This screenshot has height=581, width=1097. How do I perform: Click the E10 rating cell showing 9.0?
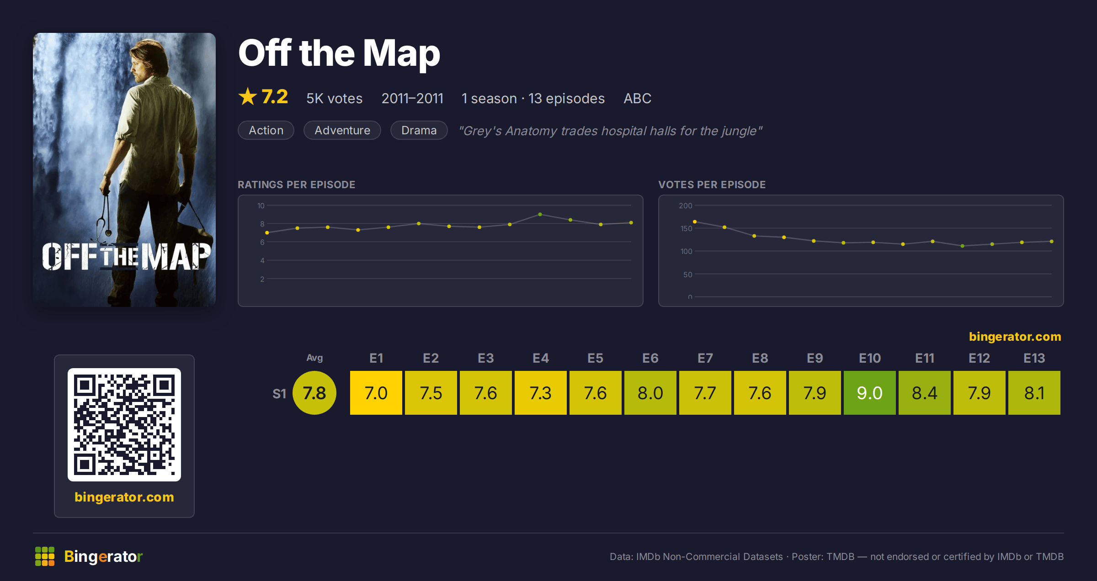[869, 393]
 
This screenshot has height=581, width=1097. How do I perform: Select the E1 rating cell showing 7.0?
[376, 393]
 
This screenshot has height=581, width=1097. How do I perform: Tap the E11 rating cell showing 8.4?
[924, 393]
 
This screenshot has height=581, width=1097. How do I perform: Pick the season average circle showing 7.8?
[314, 393]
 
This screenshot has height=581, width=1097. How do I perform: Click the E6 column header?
[650, 358]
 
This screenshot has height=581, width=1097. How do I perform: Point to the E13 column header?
[1034, 358]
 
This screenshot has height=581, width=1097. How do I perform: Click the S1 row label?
[279, 394]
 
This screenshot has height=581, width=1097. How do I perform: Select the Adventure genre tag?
[342, 130]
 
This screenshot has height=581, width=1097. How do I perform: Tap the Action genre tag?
[266, 130]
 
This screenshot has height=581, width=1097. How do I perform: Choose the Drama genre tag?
[419, 130]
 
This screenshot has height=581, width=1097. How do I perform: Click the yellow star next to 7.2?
[248, 96]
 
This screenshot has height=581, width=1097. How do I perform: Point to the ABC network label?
[637, 98]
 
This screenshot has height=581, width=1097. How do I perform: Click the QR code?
[124, 425]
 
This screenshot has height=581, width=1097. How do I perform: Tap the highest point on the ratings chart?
[540, 214]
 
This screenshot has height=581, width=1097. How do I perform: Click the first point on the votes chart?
[695, 222]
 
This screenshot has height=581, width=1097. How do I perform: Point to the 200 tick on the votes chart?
[685, 206]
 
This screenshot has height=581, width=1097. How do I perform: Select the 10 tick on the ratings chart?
[261, 206]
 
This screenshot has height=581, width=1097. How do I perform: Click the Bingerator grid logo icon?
[45, 556]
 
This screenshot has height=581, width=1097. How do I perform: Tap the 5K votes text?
[334, 98]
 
